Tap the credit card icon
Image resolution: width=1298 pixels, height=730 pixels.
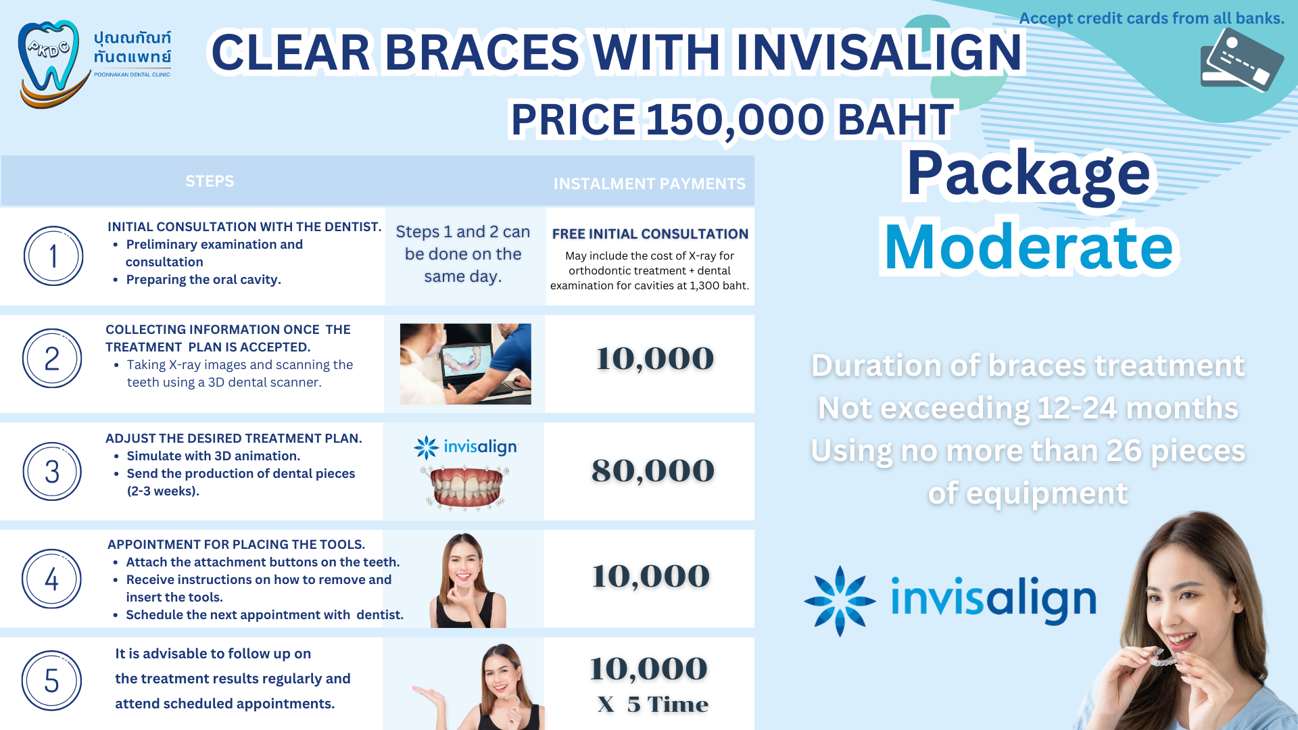coord(1241,60)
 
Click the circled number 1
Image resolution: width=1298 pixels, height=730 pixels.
coord(53,256)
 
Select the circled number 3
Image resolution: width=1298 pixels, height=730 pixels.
coord(52,472)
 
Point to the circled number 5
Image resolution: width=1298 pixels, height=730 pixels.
coord(51,681)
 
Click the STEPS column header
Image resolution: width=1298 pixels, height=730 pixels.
coord(210,181)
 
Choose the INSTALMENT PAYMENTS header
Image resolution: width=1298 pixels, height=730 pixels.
coord(650,184)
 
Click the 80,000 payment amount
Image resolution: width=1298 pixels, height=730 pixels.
coord(653,470)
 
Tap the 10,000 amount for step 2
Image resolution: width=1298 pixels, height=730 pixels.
coord(655,358)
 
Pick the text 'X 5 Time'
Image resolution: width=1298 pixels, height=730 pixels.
coord(653,704)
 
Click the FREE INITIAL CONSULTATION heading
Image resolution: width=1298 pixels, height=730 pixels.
coord(650,234)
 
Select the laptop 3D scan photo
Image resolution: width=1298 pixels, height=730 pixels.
coord(466,364)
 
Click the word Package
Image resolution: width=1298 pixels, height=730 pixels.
coord(1028,174)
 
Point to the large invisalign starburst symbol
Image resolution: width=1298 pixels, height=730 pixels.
coord(840,601)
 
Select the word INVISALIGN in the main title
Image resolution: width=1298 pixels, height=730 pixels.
coord(879,52)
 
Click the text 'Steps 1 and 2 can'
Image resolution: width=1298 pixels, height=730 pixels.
coord(463,232)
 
